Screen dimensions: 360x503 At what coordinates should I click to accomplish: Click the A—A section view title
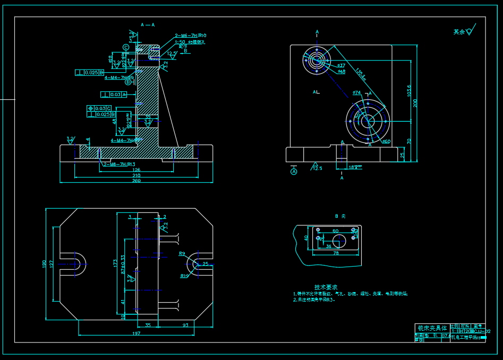148,25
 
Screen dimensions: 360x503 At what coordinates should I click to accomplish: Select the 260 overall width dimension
136,181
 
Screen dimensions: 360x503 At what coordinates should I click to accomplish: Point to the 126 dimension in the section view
136,170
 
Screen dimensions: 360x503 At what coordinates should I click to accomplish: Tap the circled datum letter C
126,47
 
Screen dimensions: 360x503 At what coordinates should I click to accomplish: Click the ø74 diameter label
357,92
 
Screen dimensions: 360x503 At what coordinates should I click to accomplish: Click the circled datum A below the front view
294,171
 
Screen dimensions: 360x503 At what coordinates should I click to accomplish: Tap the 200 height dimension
415,102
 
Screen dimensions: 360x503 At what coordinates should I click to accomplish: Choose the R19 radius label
185,276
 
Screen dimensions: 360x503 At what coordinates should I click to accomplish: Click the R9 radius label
182,254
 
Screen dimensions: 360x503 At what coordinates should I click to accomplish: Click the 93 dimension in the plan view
185,324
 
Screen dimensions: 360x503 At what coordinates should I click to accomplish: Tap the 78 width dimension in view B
336,253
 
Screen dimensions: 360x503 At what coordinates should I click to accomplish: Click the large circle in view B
338,240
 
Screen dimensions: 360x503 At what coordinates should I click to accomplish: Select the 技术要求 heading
326,286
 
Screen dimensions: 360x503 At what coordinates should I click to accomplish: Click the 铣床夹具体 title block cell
431,328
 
